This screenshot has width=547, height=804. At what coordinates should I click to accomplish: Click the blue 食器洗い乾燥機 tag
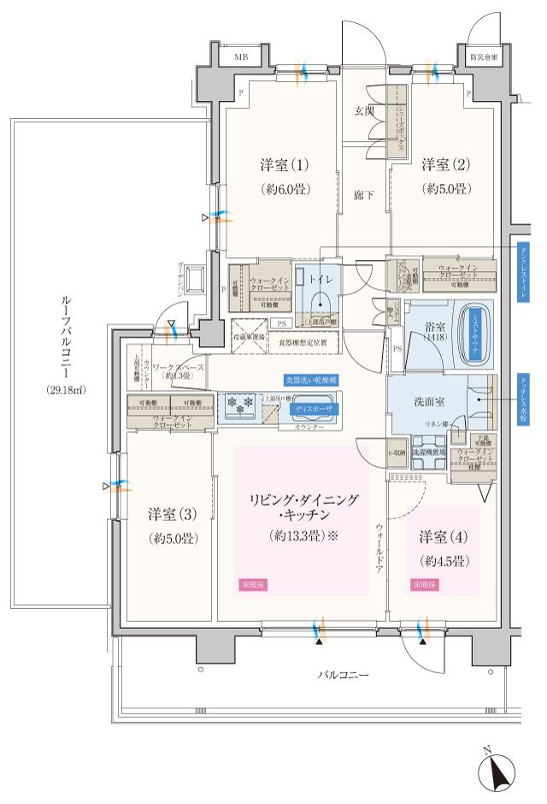[x=312, y=378]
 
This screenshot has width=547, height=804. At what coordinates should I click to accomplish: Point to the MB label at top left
[x=243, y=57]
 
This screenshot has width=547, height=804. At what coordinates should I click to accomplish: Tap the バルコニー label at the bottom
[x=343, y=676]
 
